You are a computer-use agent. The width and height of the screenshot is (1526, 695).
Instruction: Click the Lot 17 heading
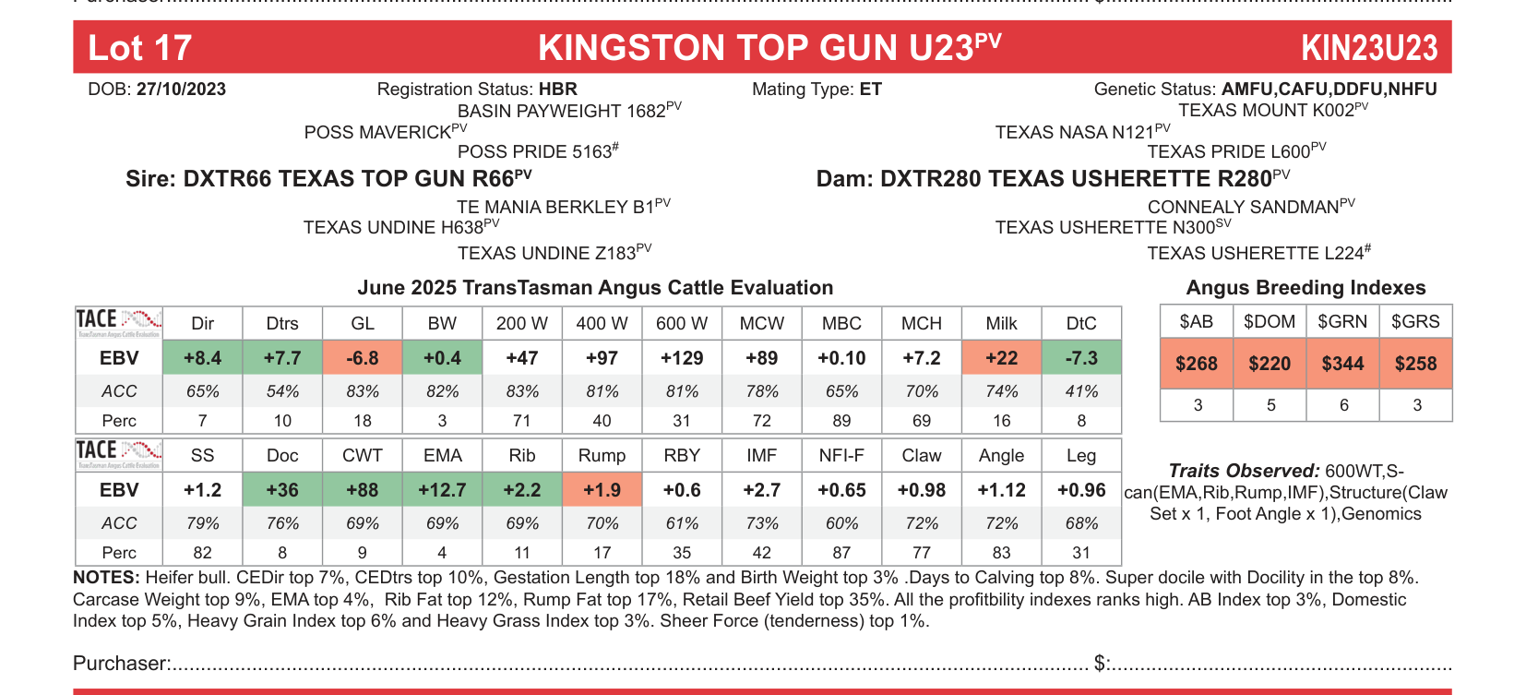139,48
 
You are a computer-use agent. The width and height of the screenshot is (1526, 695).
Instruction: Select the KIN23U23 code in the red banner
1368,48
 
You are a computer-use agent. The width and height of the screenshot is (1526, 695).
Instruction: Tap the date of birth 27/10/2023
181,90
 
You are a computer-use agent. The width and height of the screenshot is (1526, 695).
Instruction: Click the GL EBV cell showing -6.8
363,358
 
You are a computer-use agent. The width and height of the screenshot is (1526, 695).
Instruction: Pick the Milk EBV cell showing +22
1001,358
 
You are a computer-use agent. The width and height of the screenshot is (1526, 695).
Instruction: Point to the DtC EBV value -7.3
1081,358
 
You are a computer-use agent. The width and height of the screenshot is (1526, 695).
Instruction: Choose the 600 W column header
682,323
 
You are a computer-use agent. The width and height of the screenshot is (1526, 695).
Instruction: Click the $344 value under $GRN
1342,364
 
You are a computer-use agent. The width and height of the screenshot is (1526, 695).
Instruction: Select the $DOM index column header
1270,321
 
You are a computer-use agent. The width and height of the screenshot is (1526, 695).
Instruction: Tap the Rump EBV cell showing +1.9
602,490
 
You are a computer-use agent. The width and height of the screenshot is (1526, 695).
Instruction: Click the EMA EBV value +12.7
442,490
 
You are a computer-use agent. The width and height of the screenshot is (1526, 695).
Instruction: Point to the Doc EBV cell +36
282,490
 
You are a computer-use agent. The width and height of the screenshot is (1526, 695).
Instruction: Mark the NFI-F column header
841,455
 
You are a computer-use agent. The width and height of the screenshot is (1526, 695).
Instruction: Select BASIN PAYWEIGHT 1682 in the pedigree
562,111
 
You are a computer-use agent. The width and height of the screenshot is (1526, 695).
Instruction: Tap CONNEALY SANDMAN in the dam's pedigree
1243,207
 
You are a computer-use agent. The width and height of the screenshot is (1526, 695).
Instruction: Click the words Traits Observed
1243,471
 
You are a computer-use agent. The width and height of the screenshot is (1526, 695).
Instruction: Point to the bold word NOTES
104,578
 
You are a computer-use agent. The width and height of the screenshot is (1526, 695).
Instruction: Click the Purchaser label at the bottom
121,664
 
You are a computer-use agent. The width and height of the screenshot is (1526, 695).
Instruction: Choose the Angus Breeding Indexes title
1305,288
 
